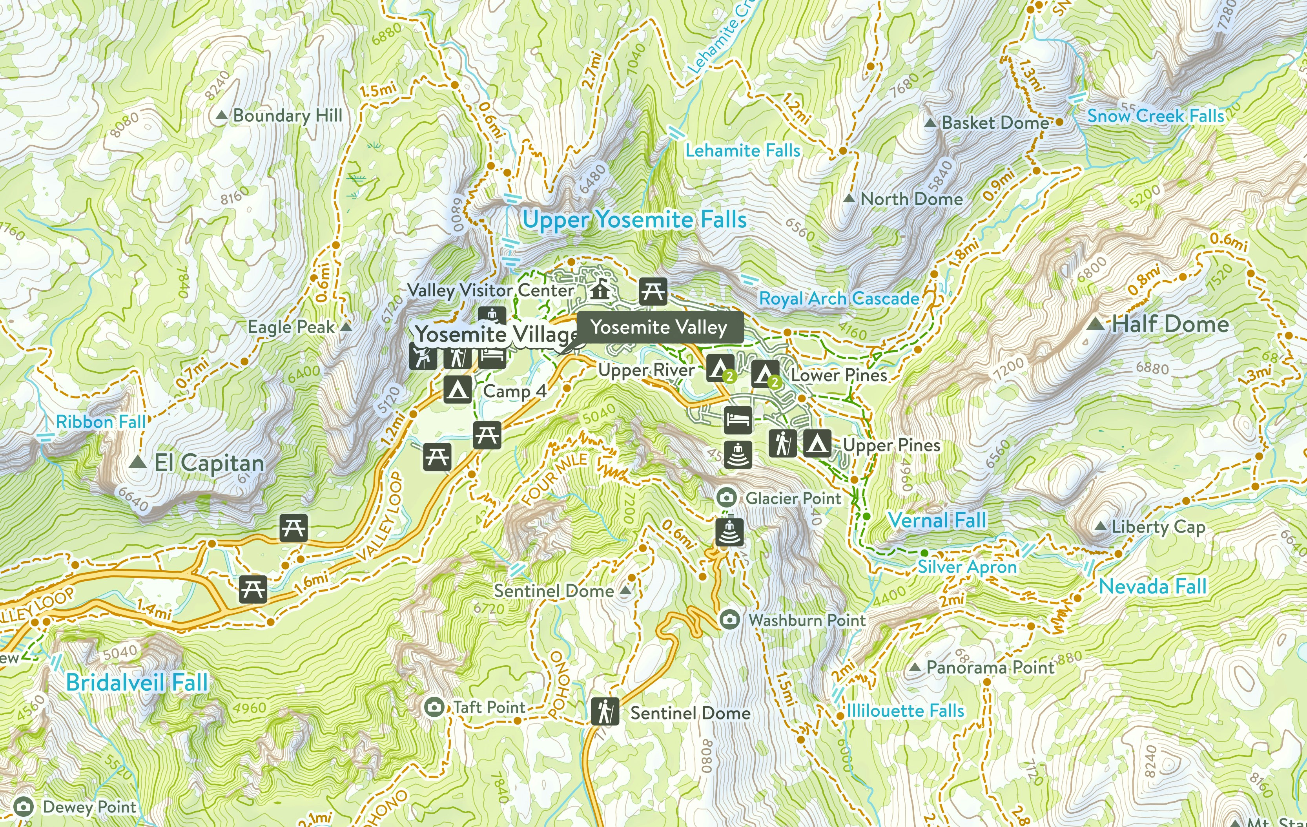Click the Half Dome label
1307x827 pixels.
1170,324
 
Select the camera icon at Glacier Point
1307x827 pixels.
726,497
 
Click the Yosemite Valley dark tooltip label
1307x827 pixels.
658,327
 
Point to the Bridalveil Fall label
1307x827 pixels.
137,683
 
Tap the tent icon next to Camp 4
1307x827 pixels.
457,390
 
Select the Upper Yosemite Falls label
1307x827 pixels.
634,219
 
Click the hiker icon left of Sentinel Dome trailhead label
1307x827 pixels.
605,711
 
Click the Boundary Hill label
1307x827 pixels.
287,116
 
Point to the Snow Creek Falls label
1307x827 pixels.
1156,116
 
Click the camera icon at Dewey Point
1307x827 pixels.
23,807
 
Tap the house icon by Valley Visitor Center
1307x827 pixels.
600,290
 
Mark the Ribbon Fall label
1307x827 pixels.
100,422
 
